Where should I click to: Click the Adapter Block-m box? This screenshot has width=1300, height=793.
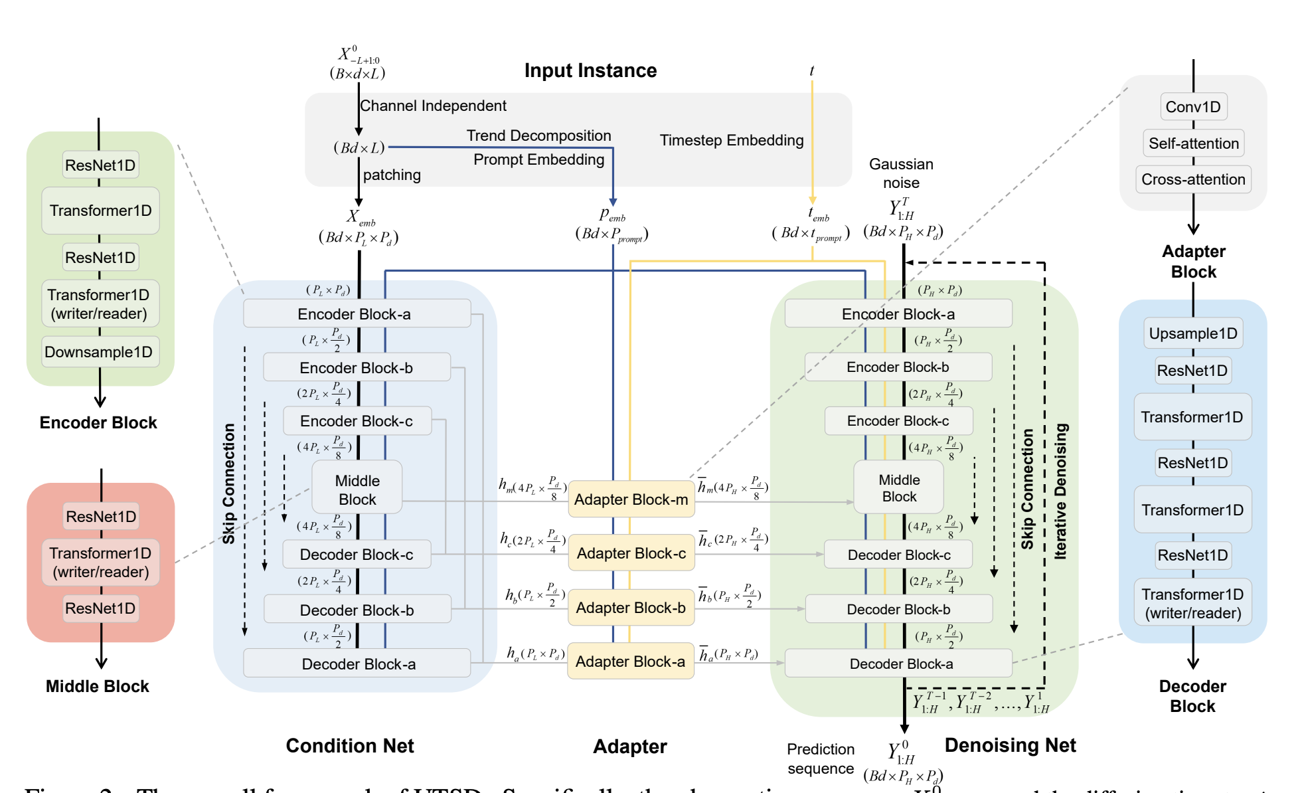(631, 499)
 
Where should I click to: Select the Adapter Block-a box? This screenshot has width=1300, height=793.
(630, 661)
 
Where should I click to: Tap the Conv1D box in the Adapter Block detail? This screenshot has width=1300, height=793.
(1193, 107)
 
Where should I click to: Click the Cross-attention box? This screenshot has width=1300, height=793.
(1193, 179)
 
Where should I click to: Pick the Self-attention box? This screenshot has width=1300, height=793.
(1193, 143)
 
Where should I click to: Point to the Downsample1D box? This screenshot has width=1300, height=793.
(99, 352)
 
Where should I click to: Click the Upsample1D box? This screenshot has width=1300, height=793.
(1192, 333)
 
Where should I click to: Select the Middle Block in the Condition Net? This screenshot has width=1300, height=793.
(357, 489)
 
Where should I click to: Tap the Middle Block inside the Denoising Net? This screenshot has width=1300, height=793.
(899, 488)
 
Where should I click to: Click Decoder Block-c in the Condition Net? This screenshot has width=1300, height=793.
(356, 555)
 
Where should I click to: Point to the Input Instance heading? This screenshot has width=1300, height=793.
(590, 70)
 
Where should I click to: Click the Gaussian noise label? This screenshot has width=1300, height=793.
(901, 173)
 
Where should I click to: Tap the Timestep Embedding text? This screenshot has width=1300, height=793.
(731, 140)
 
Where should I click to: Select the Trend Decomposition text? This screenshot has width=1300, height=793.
(538, 135)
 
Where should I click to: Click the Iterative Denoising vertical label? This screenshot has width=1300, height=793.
(1060, 491)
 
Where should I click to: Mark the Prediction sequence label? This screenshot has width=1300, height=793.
(821, 758)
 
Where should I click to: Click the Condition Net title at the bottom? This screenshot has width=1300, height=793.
(350, 746)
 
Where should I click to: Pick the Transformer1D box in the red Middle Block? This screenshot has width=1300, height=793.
(100, 562)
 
